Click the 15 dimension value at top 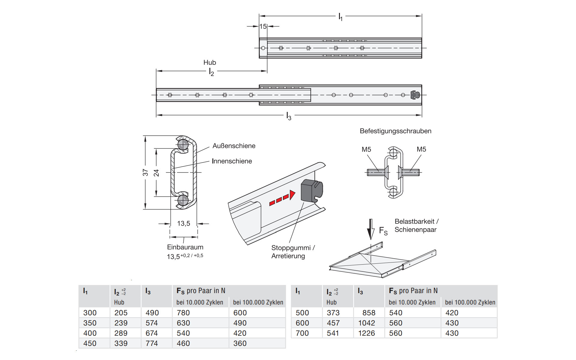[x=263, y=26]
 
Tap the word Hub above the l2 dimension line [x=210, y=62]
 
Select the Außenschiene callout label [x=234, y=146]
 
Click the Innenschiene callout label [x=232, y=161]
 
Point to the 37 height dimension [x=145, y=172]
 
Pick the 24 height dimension [x=156, y=173]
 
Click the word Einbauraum [x=185, y=247]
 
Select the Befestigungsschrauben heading [x=395, y=131]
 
